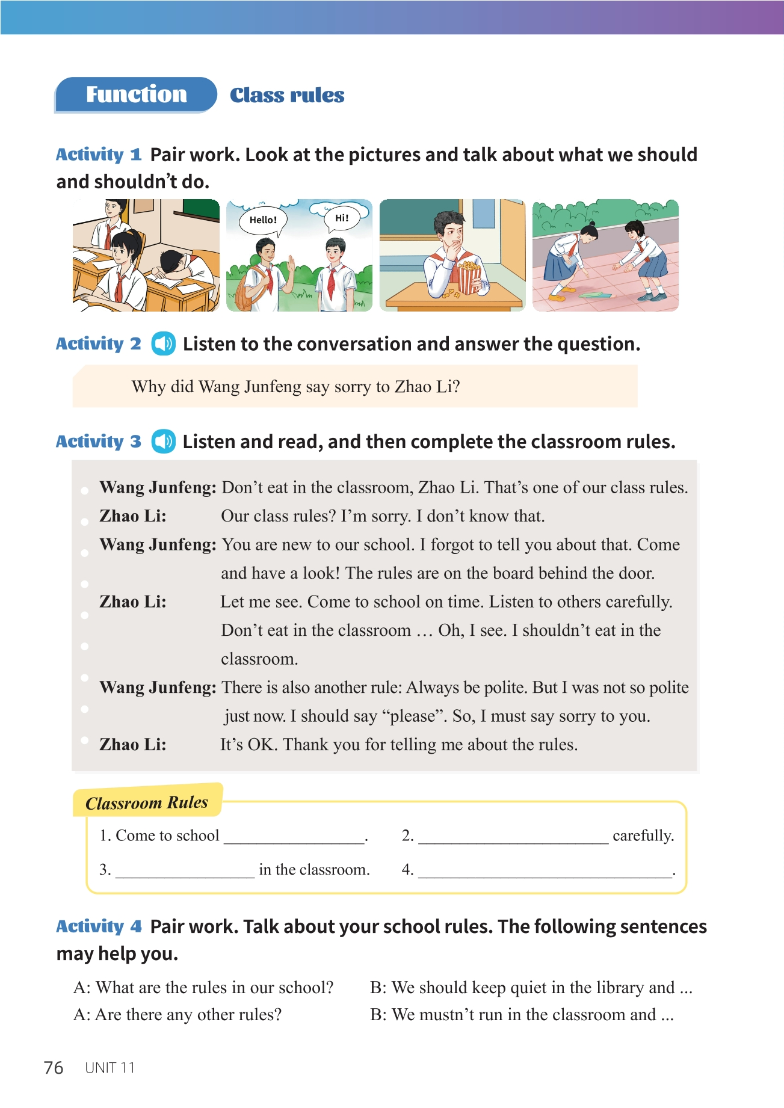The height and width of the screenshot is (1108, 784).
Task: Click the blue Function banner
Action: [x=136, y=94]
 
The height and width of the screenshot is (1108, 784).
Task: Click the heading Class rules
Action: [x=287, y=95]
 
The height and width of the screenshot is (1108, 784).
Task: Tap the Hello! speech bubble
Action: [x=263, y=220]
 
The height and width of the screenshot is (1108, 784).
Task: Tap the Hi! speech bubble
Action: [x=342, y=218]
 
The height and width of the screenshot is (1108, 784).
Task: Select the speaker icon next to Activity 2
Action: [x=163, y=343]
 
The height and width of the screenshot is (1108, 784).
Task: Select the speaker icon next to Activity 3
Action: [x=163, y=442]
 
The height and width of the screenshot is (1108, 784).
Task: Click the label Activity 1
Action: [x=99, y=155]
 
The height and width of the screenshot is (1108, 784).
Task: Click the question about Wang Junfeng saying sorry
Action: [x=295, y=386]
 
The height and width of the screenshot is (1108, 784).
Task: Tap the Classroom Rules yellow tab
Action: [x=147, y=802]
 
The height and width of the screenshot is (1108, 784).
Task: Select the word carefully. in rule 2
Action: [x=643, y=836]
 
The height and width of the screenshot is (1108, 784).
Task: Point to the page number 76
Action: [x=54, y=1068]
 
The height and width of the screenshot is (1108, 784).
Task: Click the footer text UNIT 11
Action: [x=110, y=1068]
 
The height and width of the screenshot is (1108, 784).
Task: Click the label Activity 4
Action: [x=99, y=926]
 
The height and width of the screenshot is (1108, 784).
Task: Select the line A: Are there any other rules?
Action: [x=177, y=1015]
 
